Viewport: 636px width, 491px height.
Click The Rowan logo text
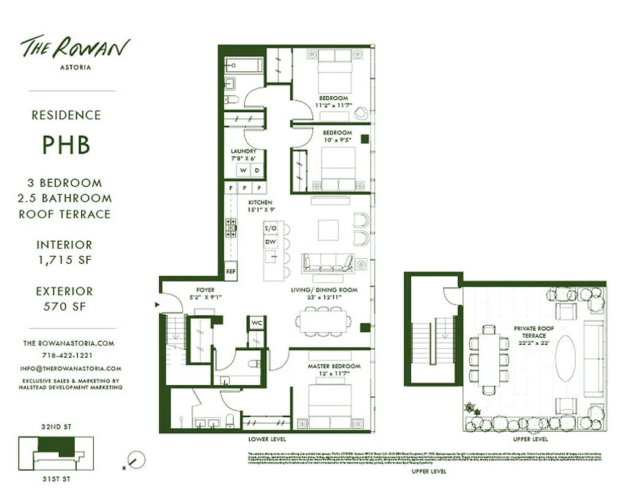click(76, 48)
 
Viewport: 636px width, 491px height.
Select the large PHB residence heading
click(66, 145)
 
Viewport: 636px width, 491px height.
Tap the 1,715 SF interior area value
click(64, 260)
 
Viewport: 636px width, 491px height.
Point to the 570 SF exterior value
click(64, 306)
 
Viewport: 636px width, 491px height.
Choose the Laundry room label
click(244, 151)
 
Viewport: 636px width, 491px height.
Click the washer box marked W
click(244, 170)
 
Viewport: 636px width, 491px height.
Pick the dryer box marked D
click(257, 170)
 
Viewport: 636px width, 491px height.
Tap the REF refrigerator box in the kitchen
click(231, 271)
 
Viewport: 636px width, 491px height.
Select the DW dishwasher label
click(271, 242)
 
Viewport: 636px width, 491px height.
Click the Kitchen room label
click(260, 203)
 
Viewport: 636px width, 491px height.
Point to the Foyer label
click(205, 290)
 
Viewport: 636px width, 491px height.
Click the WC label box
click(255, 323)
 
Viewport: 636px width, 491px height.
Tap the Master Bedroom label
click(334, 366)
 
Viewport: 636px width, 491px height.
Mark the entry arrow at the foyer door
click(157, 304)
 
